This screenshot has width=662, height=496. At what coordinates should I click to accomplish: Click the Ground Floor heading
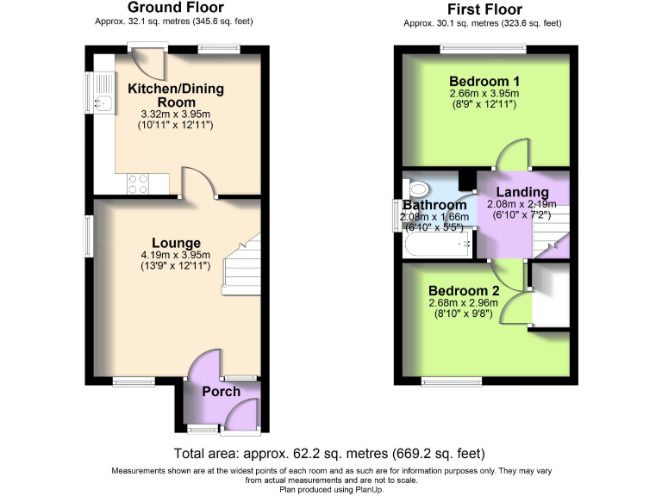[176, 8]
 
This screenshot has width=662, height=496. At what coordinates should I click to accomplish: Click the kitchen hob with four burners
[138, 183]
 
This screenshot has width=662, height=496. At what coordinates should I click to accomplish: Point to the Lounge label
[178, 243]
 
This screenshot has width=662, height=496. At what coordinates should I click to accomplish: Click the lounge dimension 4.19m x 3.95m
[176, 256]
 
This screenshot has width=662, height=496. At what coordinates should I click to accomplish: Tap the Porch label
[221, 392]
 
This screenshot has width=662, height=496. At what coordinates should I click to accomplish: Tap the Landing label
[521, 192]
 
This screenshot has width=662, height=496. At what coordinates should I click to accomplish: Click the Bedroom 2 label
[464, 290]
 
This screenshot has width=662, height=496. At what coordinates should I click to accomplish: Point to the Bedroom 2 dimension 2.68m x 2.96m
[464, 302]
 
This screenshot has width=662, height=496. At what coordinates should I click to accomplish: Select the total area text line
[328, 453]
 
